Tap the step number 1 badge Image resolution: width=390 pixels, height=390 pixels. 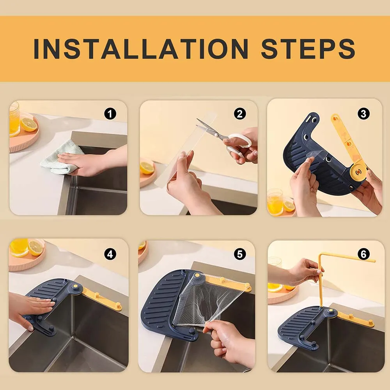click(x=110, y=114)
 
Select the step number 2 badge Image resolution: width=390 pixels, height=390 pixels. click(x=240, y=114)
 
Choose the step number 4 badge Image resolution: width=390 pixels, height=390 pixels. click(x=110, y=254)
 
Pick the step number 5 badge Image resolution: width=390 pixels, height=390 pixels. click(x=240, y=254)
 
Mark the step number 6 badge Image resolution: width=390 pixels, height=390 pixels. click(x=363, y=254)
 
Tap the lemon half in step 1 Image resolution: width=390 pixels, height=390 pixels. click(x=29, y=124)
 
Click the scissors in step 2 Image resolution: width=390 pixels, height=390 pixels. click(x=222, y=139)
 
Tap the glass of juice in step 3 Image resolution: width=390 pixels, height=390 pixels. click(x=275, y=202)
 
